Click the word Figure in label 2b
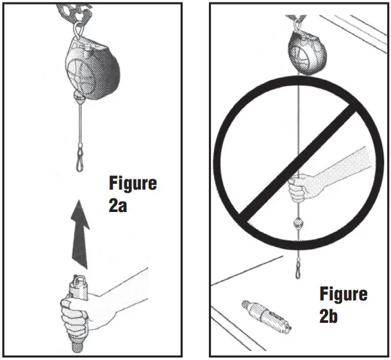(x=344, y=294)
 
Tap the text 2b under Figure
(x=331, y=318)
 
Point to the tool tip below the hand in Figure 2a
(x=76, y=344)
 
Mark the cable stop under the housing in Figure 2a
(x=79, y=97)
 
